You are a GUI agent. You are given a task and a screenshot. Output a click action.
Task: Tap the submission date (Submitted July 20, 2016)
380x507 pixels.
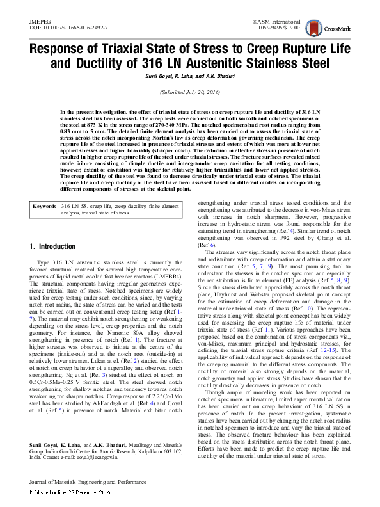pos(190,92)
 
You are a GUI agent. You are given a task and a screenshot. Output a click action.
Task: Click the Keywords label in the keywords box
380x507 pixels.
pos(44,207)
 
